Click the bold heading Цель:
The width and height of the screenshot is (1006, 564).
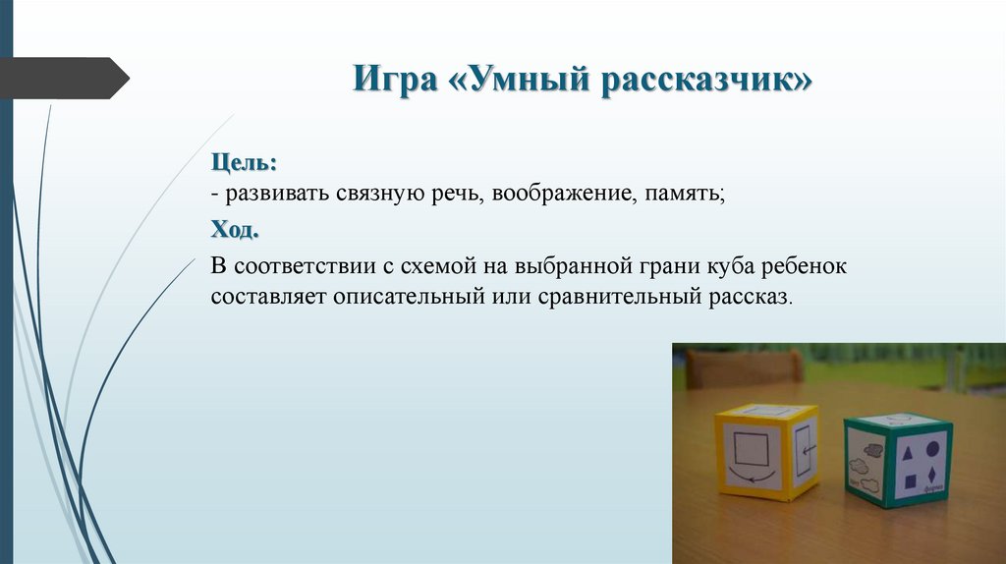pos(244,159)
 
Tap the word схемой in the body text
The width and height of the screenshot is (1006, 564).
pos(432,266)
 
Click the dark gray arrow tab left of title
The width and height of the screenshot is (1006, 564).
pos(64,78)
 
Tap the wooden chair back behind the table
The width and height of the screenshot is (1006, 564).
pos(744,366)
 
